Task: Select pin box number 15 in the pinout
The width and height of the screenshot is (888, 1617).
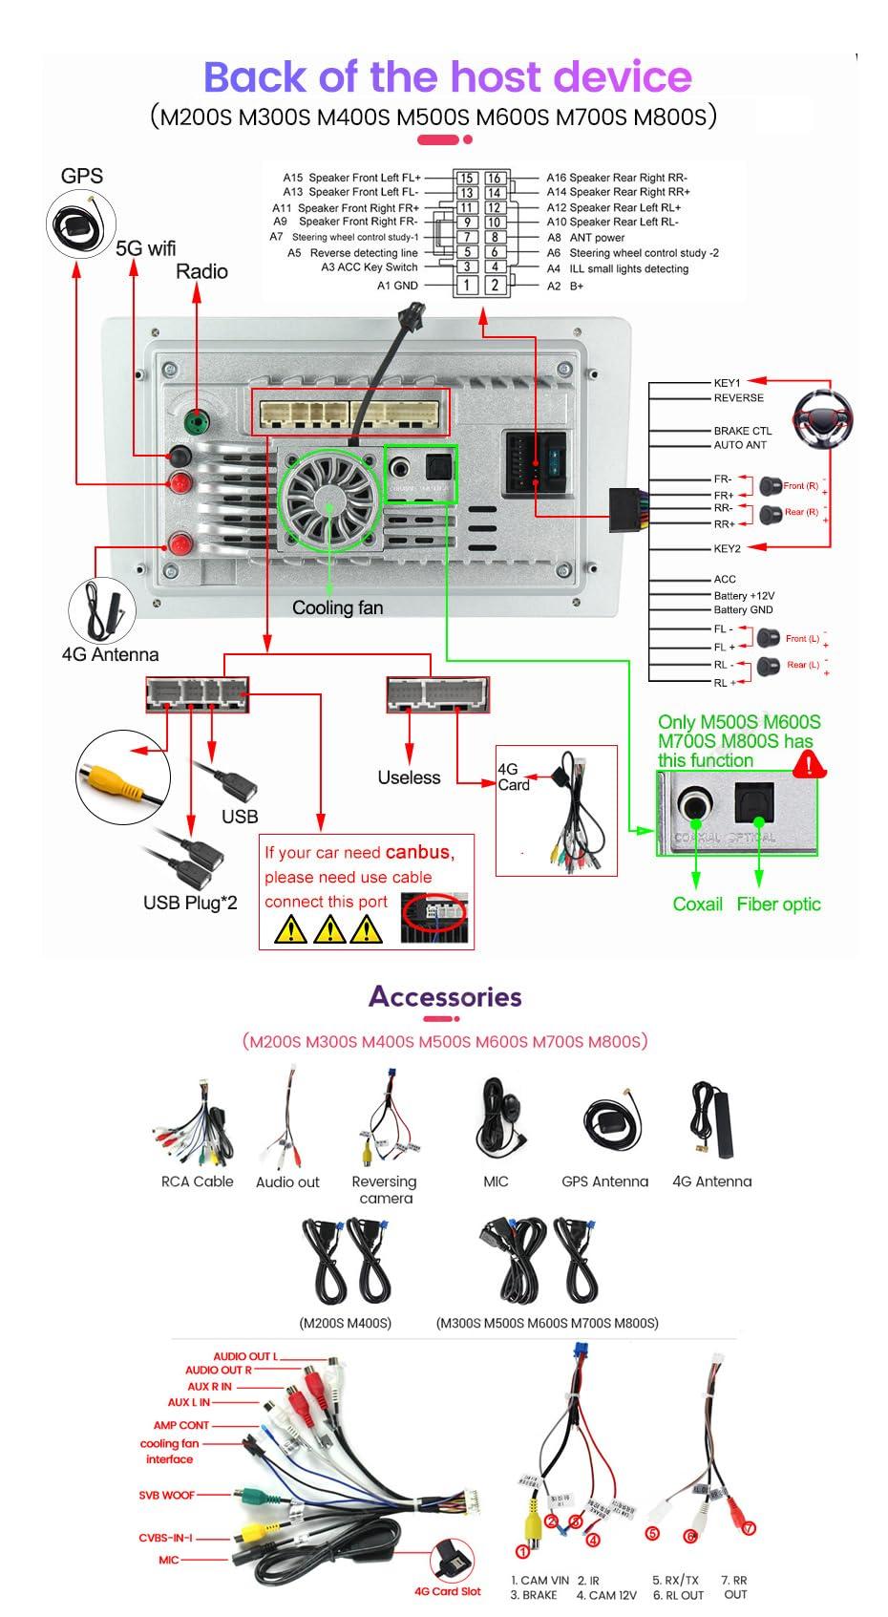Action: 466,178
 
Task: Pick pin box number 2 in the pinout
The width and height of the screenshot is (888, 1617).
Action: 495,285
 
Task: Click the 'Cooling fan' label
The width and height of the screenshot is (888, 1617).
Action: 337,607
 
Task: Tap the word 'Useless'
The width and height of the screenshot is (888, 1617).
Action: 409,777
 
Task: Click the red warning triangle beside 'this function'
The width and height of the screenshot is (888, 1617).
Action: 810,762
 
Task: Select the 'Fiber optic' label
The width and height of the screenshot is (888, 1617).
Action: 778,904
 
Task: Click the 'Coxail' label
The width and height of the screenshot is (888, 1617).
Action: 697,904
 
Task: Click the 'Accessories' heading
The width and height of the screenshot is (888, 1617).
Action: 445,996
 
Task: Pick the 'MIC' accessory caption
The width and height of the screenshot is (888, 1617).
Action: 496,1181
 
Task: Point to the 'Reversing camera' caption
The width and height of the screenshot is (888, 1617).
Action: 384,1189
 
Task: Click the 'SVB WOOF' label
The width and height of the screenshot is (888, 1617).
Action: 166,1495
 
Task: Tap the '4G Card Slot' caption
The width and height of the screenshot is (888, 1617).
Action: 447,1591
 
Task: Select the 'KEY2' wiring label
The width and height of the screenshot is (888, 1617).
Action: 727,548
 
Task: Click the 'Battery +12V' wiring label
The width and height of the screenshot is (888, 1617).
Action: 744,595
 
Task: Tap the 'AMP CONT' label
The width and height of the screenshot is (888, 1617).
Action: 181,1425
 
